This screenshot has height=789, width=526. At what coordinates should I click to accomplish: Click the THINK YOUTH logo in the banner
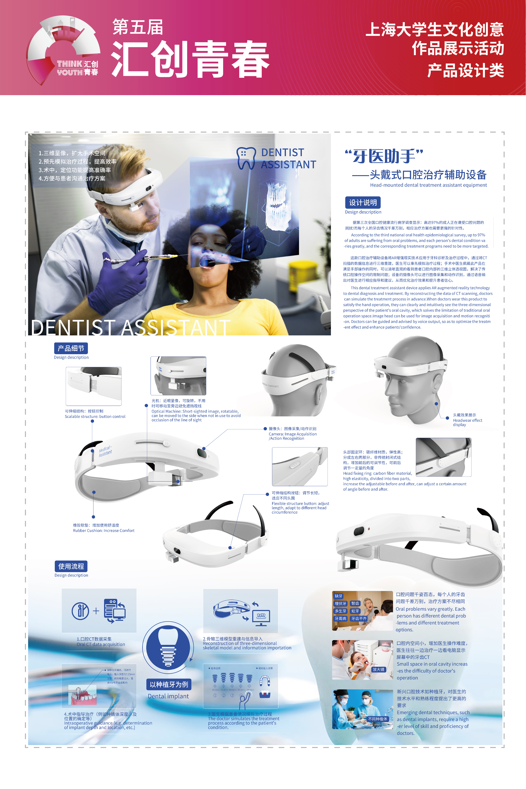click(x=64, y=50)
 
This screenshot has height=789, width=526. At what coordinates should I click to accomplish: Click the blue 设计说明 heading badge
click(x=363, y=203)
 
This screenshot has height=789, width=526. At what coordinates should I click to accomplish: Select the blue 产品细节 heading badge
click(x=71, y=348)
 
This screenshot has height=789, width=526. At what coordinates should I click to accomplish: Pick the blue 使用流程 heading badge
click(x=71, y=566)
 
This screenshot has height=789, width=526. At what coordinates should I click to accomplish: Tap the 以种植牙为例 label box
click(x=169, y=684)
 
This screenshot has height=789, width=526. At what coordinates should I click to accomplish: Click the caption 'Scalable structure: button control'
click(x=95, y=416)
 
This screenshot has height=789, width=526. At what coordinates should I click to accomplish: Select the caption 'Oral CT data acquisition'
click(x=101, y=644)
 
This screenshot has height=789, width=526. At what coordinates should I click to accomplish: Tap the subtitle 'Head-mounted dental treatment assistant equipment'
click(x=428, y=185)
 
